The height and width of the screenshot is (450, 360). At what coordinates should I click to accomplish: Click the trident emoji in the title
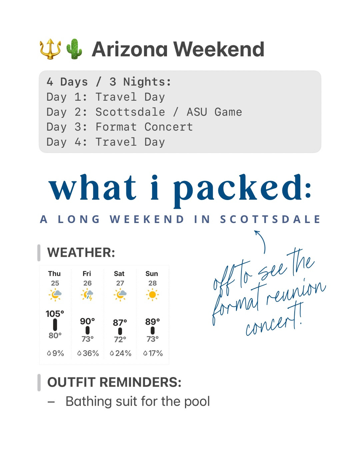pyautogui.click(x=50, y=49)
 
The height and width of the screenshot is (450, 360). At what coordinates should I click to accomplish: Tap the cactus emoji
pyautogui.click(x=74, y=49)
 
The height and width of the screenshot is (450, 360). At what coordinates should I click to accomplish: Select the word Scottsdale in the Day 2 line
pyautogui.click(x=130, y=112)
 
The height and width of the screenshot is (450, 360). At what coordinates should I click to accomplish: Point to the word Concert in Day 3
pyautogui.click(x=168, y=127)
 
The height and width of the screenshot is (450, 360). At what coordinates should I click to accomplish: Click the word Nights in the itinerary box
pyautogui.click(x=147, y=82)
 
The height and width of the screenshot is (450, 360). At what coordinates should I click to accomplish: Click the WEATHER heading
pyautogui.click(x=81, y=253)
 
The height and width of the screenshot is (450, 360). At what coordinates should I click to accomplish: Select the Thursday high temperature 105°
pyautogui.click(x=55, y=314)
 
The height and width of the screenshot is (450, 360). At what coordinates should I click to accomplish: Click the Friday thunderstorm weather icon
pyautogui.click(x=87, y=295)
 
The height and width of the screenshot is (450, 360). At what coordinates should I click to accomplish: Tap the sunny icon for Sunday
pyautogui.click(x=152, y=295)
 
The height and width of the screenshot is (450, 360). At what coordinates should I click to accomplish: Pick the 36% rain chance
pyautogui.click(x=90, y=353)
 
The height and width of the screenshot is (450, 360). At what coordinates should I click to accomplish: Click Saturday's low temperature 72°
pyautogui.click(x=120, y=339)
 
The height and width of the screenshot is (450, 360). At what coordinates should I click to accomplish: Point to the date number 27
pyautogui.click(x=120, y=283)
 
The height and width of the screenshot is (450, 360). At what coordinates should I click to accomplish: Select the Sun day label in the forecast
pyautogui.click(x=152, y=274)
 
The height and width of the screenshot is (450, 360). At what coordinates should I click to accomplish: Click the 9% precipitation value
pyautogui.click(x=58, y=353)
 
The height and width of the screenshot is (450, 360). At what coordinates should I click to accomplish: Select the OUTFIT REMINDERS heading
pyautogui.click(x=114, y=382)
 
